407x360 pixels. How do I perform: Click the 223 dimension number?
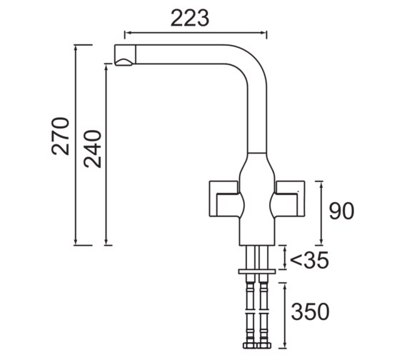pyautogui.click(x=189, y=19)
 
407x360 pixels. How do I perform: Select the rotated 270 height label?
pyautogui.click(x=61, y=136)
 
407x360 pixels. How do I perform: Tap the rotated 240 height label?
pyautogui.click(x=93, y=148)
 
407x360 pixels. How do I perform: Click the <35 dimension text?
pyautogui.click(x=309, y=261)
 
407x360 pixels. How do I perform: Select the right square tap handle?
pyautogui.click(x=289, y=199)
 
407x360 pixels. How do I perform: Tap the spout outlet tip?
pyautogui.click(x=124, y=56)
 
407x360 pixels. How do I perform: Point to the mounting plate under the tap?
pyautogui.click(x=256, y=271)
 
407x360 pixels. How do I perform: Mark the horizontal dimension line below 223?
pyautogui.click(x=195, y=33)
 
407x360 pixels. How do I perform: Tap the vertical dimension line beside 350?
pyautogui.click(x=285, y=314)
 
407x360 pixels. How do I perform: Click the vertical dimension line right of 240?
pyautogui.click(x=106, y=154)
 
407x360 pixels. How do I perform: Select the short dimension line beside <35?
pyautogui.click(x=285, y=258)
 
